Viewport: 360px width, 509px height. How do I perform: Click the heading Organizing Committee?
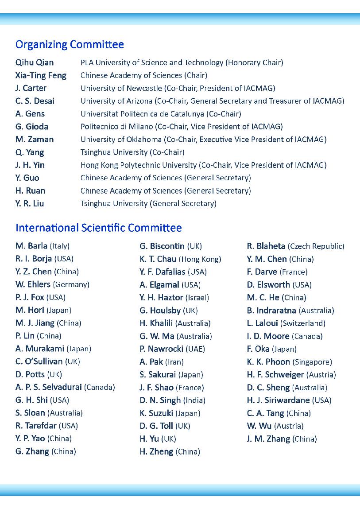[x=70, y=45]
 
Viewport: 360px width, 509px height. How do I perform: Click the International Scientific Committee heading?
[x=98, y=228]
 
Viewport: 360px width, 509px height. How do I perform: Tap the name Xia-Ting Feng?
[x=41, y=75]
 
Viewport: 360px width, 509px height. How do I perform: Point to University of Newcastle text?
[x=121, y=88]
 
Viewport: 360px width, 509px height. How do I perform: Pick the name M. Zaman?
[x=35, y=140]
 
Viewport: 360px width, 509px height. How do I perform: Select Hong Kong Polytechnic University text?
[x=139, y=165]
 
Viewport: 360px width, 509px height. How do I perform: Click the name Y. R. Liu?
[x=30, y=204]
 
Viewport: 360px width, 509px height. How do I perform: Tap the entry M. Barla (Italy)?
[x=43, y=246]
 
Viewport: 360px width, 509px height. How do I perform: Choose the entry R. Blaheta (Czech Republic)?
[x=295, y=246]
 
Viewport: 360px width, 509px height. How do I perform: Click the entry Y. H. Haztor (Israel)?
[x=174, y=298]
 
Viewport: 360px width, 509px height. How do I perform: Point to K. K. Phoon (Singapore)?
[x=289, y=362]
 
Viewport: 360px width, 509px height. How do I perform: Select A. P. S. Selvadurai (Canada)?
[x=65, y=388]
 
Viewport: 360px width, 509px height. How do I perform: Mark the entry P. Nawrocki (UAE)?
[x=172, y=349]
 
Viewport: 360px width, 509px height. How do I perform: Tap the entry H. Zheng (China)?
[x=170, y=452]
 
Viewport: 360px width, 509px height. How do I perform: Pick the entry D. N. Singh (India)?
[x=172, y=400]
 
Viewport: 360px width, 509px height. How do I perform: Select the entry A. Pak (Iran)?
[x=162, y=362]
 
